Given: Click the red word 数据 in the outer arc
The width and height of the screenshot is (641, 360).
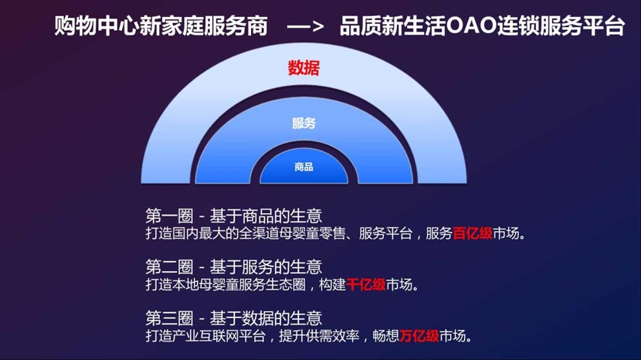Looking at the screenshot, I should (x=304, y=68).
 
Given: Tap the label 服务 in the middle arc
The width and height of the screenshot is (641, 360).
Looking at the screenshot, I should (x=304, y=123).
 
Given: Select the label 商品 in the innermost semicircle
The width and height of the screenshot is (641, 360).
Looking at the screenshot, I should (x=304, y=167).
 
